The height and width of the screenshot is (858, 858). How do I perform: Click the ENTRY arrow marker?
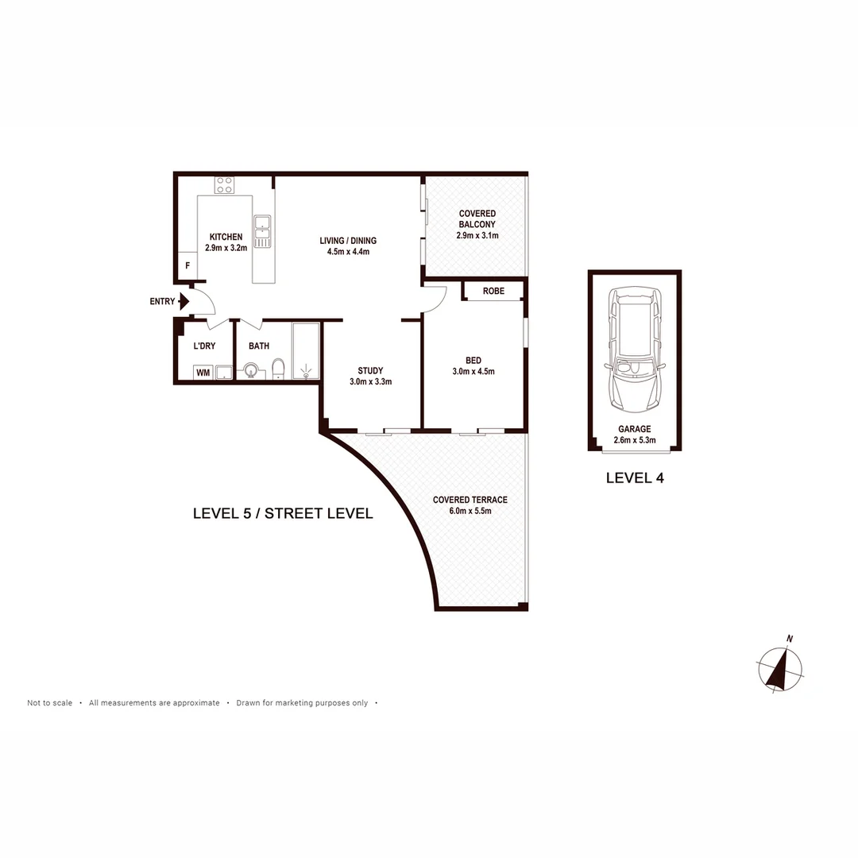coord(183,301)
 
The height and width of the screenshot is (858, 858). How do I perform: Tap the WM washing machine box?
coord(203,372)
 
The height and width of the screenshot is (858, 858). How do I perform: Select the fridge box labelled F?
coord(187,265)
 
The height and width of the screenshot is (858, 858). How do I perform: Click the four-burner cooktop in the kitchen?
coord(224,185)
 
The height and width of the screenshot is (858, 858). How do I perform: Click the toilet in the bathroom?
coord(278,369)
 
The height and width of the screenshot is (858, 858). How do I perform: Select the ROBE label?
coord(493,291)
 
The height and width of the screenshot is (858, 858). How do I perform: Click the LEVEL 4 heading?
coord(634,478)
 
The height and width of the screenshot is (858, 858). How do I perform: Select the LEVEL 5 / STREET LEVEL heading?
coord(283,513)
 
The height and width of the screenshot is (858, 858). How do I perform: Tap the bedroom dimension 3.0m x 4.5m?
coord(473,371)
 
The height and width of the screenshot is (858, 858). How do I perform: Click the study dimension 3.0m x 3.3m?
coord(370,381)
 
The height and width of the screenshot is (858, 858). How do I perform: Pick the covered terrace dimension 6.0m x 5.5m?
coord(470,511)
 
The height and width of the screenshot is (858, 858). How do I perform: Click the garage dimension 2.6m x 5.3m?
coord(634,439)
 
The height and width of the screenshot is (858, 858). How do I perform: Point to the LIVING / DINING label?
coord(348,241)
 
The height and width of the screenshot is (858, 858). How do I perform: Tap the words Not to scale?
coord(49,703)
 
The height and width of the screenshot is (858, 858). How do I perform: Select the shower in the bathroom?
coord(306,351)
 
